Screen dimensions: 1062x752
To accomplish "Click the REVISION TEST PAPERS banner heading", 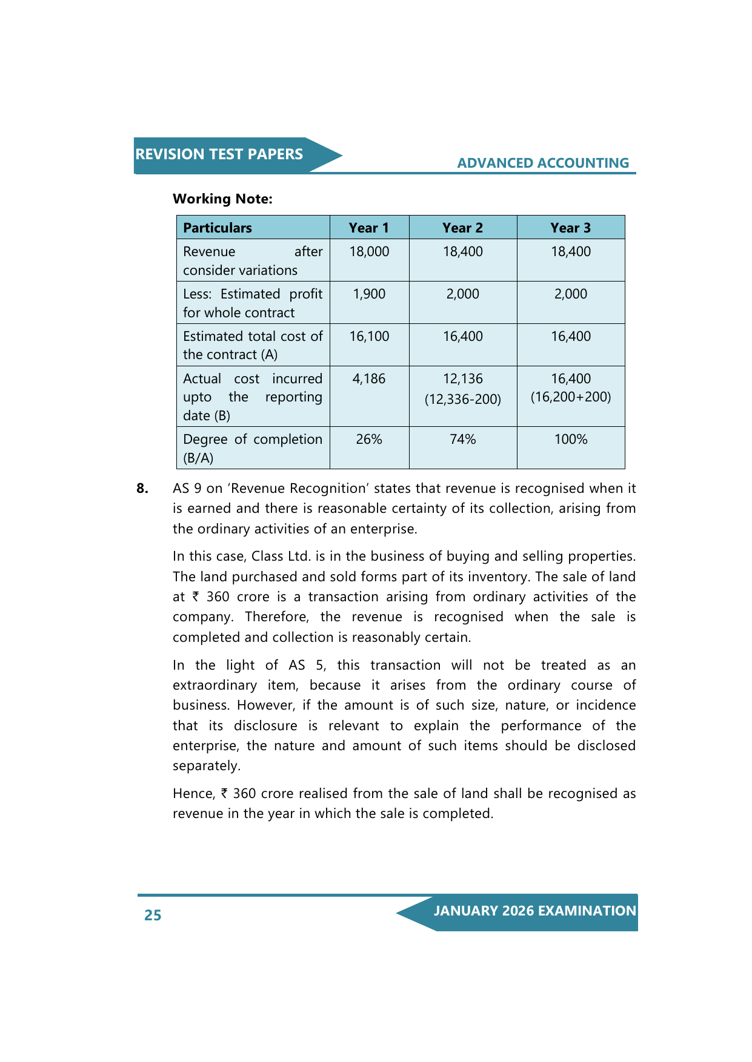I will (219, 154).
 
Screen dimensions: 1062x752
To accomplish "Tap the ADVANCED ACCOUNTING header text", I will (543, 163).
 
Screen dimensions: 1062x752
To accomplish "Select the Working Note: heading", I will (222, 199).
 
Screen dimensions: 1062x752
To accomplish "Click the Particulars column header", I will (218, 228).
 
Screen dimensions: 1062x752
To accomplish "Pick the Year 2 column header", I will (462, 228).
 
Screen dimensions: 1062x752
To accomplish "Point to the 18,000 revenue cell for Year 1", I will (369, 251).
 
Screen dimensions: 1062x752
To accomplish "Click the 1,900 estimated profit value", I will (369, 294).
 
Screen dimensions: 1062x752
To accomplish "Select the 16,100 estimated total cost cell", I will (369, 336).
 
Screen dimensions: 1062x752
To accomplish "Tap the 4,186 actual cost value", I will (369, 378).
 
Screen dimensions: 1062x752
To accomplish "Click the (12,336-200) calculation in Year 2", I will (462, 399).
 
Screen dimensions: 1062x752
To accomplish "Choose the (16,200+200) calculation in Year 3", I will (571, 397).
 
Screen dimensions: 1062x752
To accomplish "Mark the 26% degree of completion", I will (369, 439).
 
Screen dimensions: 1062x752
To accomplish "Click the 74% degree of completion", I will (462, 439).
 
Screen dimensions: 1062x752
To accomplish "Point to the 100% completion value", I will (571, 439).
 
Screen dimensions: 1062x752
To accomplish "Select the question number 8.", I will (142, 489).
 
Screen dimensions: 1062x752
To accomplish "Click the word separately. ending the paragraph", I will (207, 766).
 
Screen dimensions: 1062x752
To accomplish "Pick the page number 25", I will (153, 915).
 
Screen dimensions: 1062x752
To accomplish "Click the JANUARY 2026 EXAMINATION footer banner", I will (534, 911).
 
